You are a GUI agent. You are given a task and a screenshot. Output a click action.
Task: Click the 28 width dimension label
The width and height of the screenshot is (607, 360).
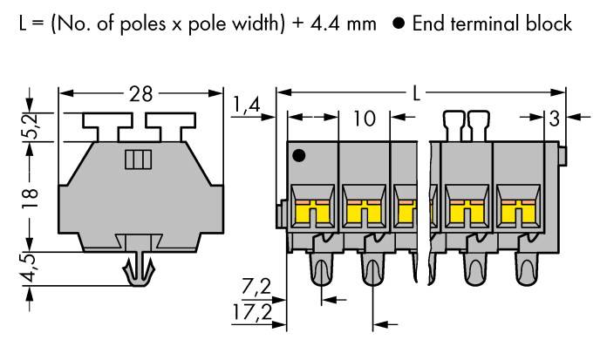[x=140, y=94]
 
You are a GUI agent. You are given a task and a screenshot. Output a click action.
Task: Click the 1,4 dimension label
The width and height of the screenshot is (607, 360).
[x=248, y=105]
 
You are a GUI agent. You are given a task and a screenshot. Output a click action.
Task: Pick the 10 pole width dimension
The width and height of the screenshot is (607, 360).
[x=365, y=117]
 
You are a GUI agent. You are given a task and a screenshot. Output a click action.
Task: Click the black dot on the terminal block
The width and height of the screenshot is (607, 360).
[x=299, y=157]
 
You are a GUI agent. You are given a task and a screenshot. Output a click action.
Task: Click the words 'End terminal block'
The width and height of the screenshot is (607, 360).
[x=492, y=24]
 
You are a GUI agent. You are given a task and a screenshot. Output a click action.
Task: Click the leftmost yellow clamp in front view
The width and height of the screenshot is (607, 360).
[x=311, y=210]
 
